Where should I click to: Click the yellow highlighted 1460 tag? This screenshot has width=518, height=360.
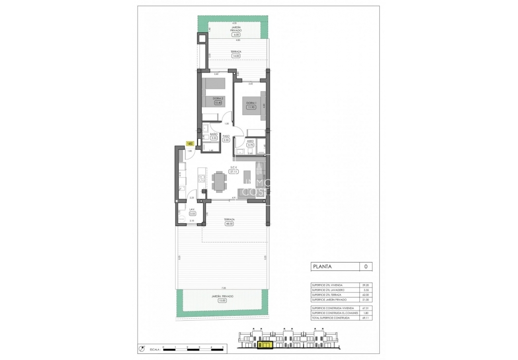pos(190,144)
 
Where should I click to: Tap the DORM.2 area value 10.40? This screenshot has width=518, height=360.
pos(218,103)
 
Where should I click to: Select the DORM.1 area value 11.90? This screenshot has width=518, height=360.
pos(250,107)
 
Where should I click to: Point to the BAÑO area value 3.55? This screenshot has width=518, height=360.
pos(214,138)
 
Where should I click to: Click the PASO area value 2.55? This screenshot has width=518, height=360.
pos(226,140)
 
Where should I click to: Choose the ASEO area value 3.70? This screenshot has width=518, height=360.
pos(250,144)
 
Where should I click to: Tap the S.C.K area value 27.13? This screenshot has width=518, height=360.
pos(234,171)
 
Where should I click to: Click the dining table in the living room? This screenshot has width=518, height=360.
pos(220,181)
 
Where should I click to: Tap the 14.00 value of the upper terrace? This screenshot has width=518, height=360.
pos(235,56)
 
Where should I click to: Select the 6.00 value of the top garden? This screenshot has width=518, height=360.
pos(235,35)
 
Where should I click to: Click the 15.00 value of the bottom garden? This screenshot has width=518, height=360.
pos(222,300)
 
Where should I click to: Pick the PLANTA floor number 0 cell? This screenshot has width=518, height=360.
pos(365,266)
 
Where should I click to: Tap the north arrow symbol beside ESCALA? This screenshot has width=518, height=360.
pos(141,349)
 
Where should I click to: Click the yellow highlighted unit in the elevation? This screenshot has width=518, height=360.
pos(265,345)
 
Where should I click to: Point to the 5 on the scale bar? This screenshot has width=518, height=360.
pos(223,347)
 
